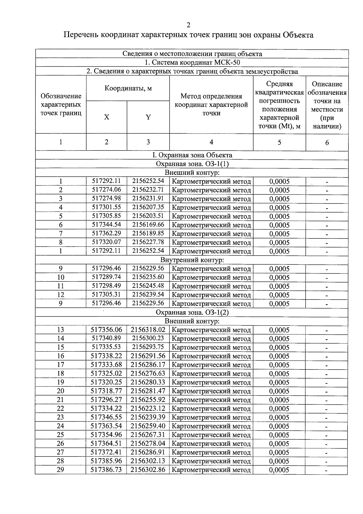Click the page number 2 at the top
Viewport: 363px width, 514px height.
coord(188,25)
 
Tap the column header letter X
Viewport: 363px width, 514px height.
coord(106,118)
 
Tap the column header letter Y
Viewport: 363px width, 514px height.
coord(148,118)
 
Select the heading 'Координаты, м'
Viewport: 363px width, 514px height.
coord(128,88)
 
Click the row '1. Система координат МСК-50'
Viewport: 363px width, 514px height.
coord(192,63)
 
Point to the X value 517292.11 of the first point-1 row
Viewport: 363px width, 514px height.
coord(106,181)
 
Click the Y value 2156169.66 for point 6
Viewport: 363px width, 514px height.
coord(148,225)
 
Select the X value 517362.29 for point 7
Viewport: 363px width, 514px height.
coord(106,234)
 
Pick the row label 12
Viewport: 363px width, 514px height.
coord(60,295)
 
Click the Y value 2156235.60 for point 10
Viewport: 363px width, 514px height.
coord(148,277)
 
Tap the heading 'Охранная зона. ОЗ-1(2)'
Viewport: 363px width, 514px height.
coord(192,312)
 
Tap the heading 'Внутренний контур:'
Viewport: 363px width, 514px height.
coord(192,260)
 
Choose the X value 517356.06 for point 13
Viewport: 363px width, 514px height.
coord(106,330)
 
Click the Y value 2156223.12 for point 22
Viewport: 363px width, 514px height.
coord(148,408)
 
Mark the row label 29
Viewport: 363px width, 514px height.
coord(60,470)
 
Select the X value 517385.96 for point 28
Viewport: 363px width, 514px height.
coord(106,461)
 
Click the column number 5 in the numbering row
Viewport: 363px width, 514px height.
coord(279,142)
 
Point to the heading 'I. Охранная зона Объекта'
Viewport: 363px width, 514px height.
coord(192,155)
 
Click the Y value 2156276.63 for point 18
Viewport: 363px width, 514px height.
coord(148,373)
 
